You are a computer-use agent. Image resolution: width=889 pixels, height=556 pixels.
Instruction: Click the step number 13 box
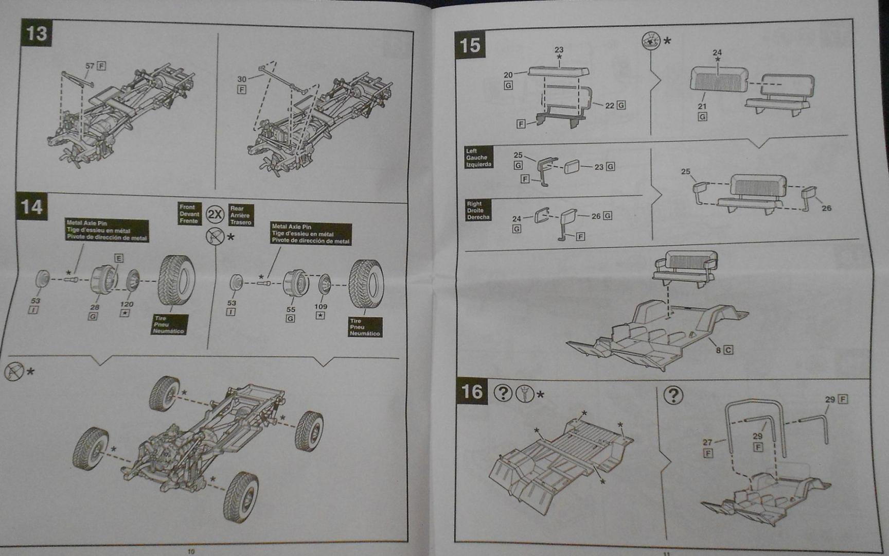37,33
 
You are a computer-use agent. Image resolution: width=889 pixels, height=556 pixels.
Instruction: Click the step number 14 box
32,207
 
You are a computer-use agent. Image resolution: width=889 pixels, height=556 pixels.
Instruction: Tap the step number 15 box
470,45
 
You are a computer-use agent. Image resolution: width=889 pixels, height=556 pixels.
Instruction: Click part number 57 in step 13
90,66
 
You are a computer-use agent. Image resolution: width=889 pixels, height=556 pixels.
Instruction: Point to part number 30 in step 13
242,79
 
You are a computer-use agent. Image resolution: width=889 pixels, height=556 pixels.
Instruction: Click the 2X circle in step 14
215,214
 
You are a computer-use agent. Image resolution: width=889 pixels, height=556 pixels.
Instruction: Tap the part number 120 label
127,304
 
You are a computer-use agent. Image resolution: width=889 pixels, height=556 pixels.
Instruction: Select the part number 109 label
321,306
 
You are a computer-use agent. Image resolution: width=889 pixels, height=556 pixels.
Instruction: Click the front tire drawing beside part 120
176,281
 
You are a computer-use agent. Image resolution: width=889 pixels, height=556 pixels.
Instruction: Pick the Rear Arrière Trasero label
240,215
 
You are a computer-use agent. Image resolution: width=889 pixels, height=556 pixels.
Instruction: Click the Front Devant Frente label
189,214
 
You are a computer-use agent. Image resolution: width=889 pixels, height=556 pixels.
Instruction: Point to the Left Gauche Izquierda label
478,158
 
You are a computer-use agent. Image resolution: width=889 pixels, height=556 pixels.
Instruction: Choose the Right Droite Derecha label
477,211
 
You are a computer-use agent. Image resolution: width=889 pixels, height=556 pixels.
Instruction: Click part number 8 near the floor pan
718,350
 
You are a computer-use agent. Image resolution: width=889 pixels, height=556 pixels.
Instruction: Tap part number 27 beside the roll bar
707,442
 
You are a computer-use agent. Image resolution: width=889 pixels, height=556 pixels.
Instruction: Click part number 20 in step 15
508,75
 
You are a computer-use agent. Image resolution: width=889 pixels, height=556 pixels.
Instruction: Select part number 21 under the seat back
702,107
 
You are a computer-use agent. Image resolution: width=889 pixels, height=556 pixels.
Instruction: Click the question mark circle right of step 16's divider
673,395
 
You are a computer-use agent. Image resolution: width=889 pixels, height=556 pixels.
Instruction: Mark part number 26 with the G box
596,216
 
